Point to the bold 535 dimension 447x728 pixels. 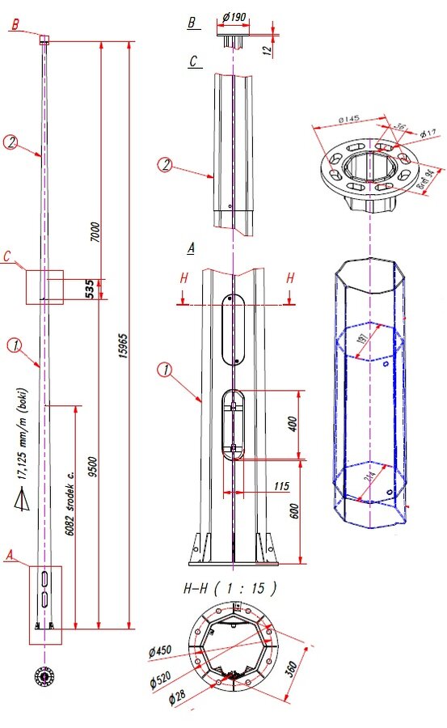[90, 289]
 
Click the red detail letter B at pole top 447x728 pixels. [14, 26]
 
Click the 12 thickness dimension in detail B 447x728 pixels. [268, 49]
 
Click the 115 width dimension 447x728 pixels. [259, 488]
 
